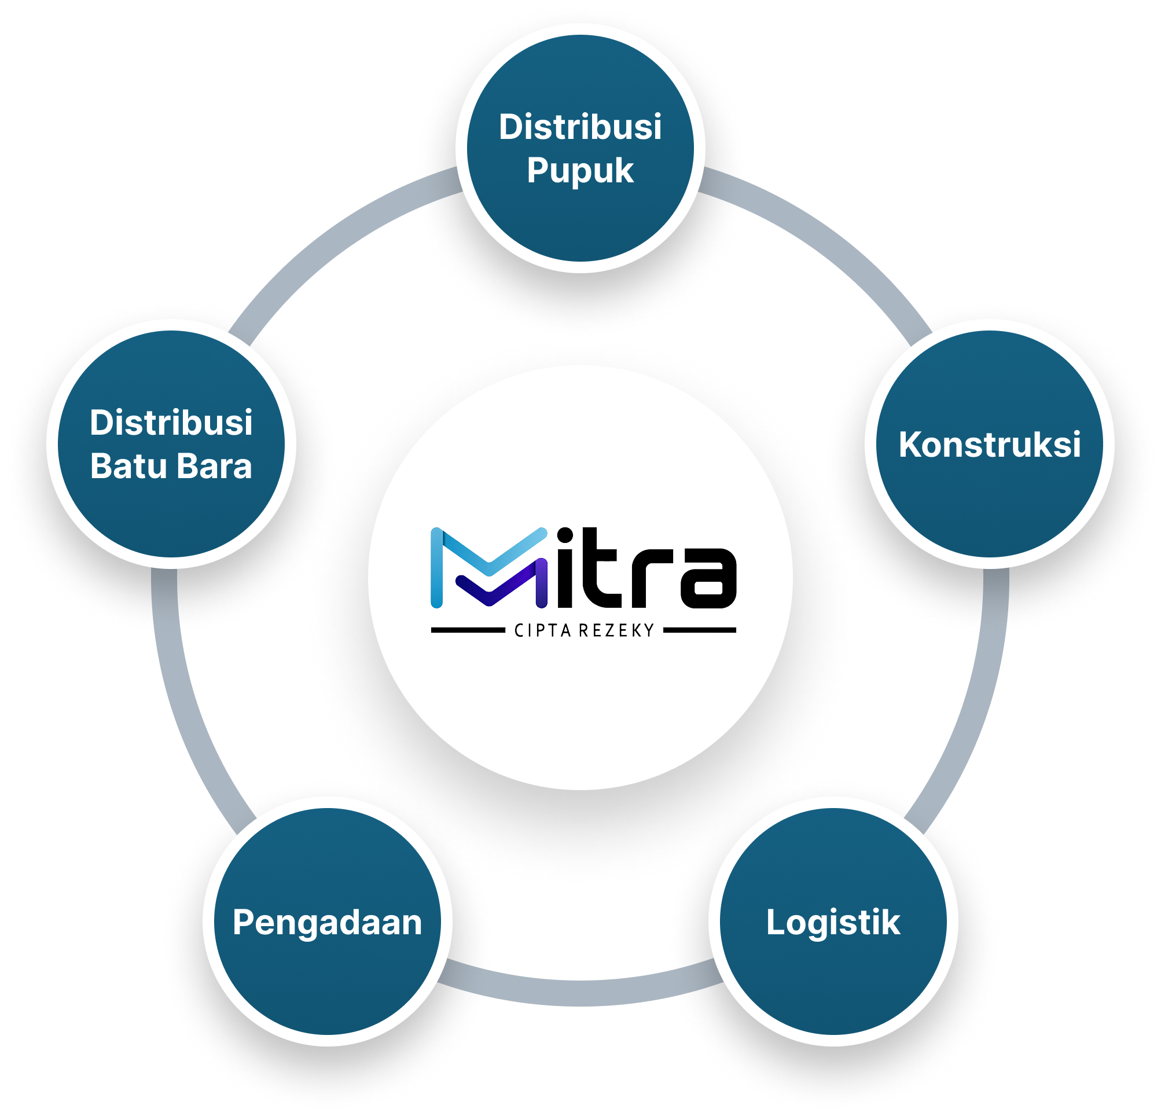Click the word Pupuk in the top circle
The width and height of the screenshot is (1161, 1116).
point(580,171)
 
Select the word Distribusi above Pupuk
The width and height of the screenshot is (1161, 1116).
point(580,127)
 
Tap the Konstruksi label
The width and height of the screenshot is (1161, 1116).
point(989,445)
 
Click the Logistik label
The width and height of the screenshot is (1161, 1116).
point(833,922)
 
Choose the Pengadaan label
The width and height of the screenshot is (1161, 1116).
point(327,922)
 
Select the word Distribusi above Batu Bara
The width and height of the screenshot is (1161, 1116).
point(171,423)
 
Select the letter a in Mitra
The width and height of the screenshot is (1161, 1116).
point(707,578)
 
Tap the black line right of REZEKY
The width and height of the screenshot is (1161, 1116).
point(699,630)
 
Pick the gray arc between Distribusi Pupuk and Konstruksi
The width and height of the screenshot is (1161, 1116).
point(829,237)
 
